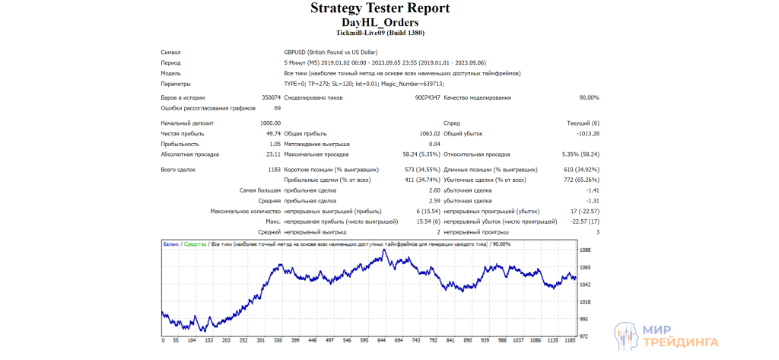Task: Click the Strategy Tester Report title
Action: pyautogui.click(x=380, y=8)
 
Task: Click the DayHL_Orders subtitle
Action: pyautogui.click(x=380, y=23)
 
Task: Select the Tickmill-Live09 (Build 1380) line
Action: pyautogui.click(x=380, y=33)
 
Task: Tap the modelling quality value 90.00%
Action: pyautogui.click(x=589, y=98)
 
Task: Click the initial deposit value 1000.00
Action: pyautogui.click(x=270, y=123)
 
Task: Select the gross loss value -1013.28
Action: pyautogui.click(x=587, y=133)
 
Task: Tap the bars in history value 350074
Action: pyautogui.click(x=271, y=98)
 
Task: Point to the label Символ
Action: pyautogui.click(x=170, y=53)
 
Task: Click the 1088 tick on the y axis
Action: pyautogui.click(x=585, y=250)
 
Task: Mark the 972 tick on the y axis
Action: pyautogui.click(x=584, y=336)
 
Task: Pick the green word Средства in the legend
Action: pyautogui.click(x=196, y=244)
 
